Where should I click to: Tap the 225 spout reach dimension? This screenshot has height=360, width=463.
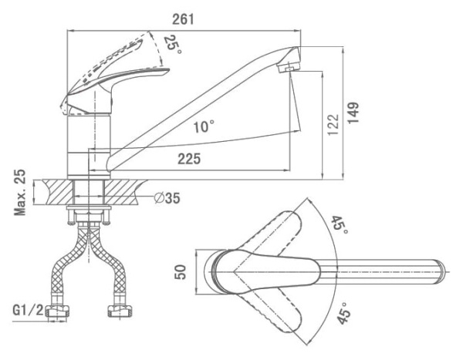point(188,159)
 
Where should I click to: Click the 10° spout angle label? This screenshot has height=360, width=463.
point(204,126)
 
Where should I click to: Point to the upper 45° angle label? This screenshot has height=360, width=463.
point(340,225)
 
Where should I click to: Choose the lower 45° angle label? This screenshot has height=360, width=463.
point(343,315)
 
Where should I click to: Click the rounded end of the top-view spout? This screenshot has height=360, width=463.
point(441,272)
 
